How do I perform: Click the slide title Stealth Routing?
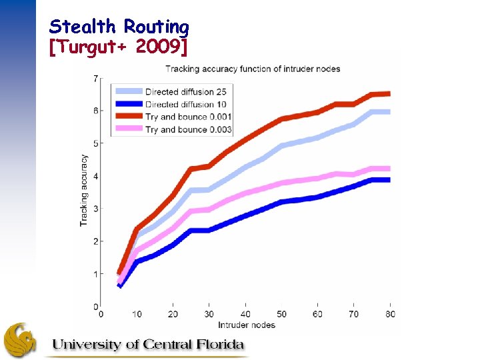coord(119,27)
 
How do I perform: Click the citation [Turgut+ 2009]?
coord(119,47)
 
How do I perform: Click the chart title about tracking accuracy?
coord(253,69)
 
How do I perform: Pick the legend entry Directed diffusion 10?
coord(180,104)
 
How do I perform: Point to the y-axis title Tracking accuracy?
coord(84,191)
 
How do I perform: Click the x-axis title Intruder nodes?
coord(246,325)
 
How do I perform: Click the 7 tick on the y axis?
coord(95,79)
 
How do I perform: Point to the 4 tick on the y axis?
coord(95,176)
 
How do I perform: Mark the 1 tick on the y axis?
coord(95,274)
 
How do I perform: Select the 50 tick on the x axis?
coord(281,314)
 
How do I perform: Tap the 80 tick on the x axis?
coord(389,314)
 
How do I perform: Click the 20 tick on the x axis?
coord(173,314)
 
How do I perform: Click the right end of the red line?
coord(389,93)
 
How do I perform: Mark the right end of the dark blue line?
coord(389,180)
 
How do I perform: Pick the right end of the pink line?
coord(389,169)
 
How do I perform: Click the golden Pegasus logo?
coord(20,340)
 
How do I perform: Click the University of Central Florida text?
coord(148,345)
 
